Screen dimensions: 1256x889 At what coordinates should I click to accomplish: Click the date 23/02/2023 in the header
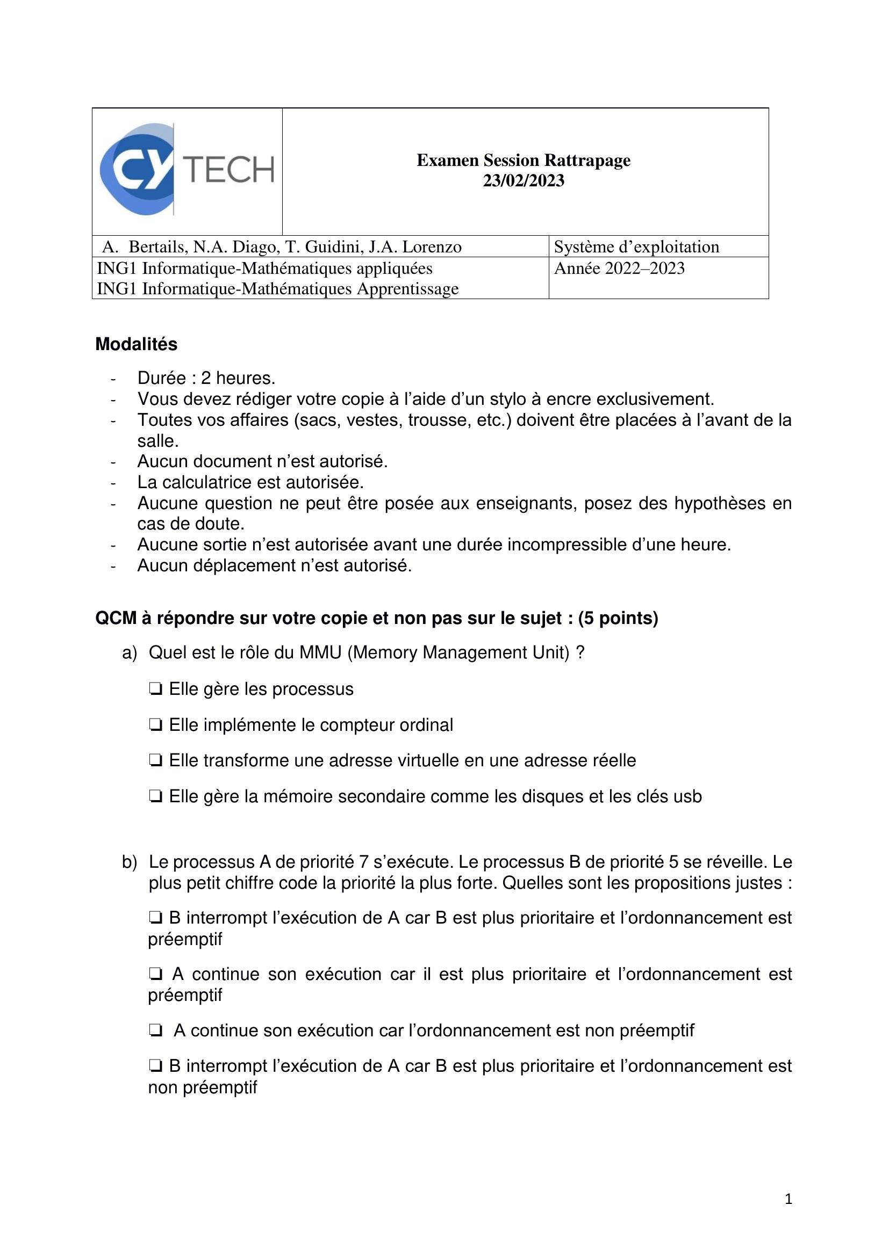(x=523, y=180)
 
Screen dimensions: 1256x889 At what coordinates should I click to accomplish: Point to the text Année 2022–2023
(x=619, y=268)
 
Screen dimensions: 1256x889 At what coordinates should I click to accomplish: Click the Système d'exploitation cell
(x=636, y=247)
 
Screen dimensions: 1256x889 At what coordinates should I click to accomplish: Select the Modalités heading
(x=137, y=344)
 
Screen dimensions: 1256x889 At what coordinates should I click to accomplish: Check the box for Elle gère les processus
(x=155, y=689)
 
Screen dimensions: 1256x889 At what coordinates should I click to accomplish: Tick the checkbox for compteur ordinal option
(x=155, y=725)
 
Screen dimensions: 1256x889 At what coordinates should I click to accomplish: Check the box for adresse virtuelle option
(x=155, y=761)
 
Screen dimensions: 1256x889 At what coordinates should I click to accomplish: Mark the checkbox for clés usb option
(x=155, y=796)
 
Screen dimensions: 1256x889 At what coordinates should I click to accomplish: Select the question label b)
(x=129, y=863)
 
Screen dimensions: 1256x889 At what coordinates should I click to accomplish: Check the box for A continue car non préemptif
(x=155, y=1030)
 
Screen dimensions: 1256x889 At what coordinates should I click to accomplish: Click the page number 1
(x=788, y=1199)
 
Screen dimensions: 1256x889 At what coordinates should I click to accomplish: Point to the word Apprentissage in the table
(x=408, y=289)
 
